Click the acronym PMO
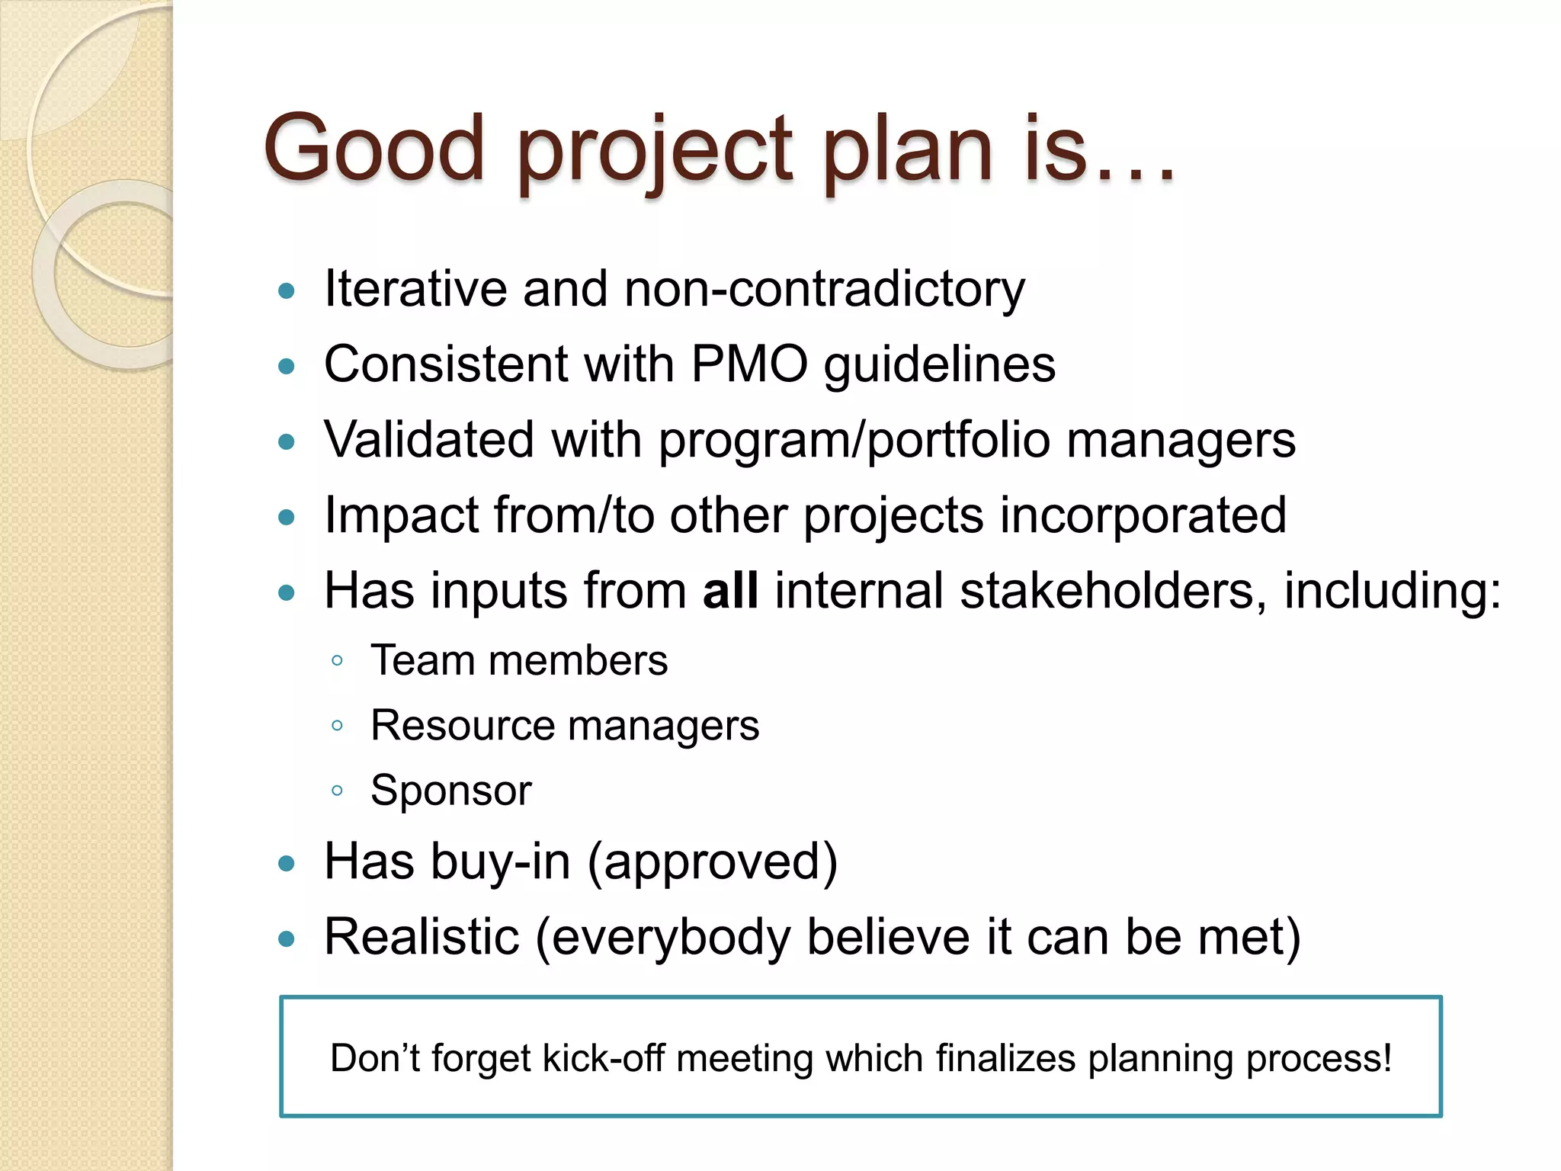click(749, 364)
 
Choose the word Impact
click(401, 515)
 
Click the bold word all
click(730, 590)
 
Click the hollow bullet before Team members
click(337, 660)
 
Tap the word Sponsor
click(451, 791)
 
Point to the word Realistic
click(422, 937)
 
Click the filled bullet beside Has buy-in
click(287, 864)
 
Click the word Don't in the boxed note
click(374, 1058)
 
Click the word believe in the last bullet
click(889, 937)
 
